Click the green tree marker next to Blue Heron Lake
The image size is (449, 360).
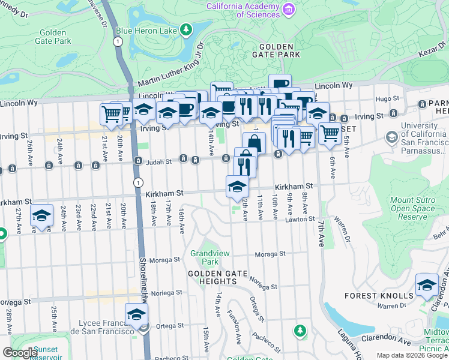pos(187,28)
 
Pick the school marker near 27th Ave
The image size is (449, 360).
pos(41,215)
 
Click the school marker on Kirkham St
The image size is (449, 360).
pos(237,185)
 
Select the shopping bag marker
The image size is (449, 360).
pos(254,143)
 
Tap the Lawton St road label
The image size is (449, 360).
pos(303,220)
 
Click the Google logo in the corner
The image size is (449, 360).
pos(20,353)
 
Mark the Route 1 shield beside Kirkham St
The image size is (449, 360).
pos(139,182)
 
